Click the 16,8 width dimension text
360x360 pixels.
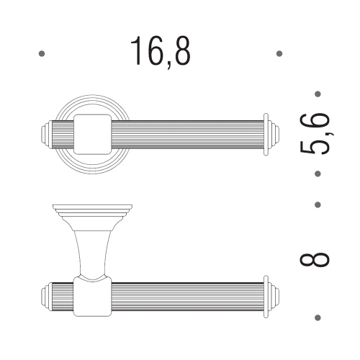161,52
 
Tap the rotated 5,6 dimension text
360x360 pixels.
315,133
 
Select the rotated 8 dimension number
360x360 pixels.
315,259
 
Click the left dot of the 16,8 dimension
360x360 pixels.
42,53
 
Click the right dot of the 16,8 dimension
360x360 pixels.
279,53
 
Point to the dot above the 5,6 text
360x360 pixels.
318,94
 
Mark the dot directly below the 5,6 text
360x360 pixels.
318,174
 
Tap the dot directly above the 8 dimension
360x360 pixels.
318,204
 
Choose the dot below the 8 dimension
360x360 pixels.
318,318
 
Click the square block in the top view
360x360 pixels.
92,135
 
